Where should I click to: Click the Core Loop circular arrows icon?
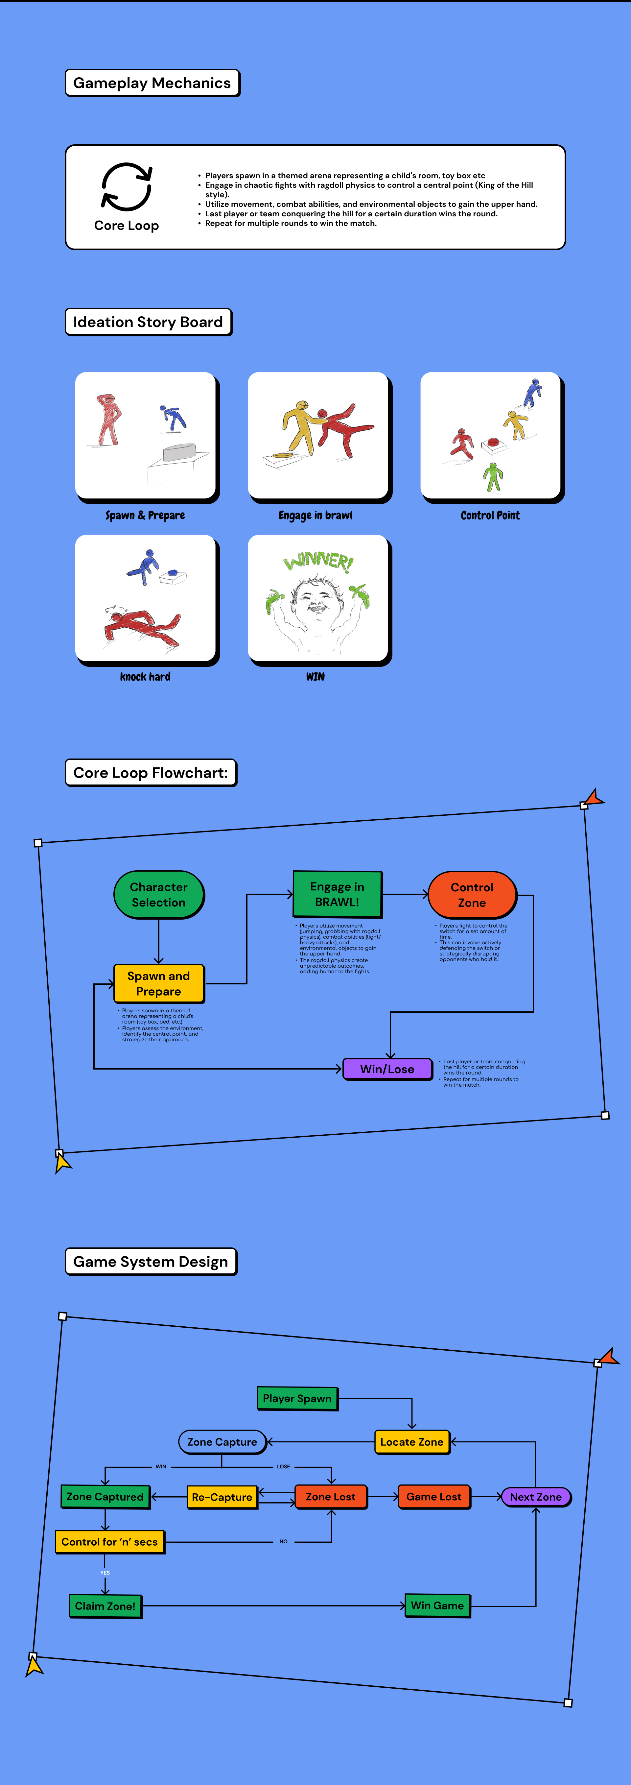pyautogui.click(x=127, y=186)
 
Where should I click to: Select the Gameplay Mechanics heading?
pyautogui.click(x=152, y=83)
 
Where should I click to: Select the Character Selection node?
pyautogui.click(x=159, y=895)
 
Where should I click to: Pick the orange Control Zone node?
pyautogui.click(x=472, y=895)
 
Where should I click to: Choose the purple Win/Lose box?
pyautogui.click(x=387, y=1069)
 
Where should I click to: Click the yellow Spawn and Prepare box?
pyautogui.click(x=159, y=983)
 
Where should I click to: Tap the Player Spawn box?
pyautogui.click(x=297, y=1398)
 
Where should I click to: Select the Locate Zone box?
pyautogui.click(x=411, y=1442)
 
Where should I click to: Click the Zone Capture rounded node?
pyautogui.click(x=222, y=1442)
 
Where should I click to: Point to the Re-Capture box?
pyautogui.click(x=222, y=1497)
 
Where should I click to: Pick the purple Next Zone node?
pyautogui.click(x=535, y=1497)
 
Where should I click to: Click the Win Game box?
pyautogui.click(x=437, y=1605)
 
